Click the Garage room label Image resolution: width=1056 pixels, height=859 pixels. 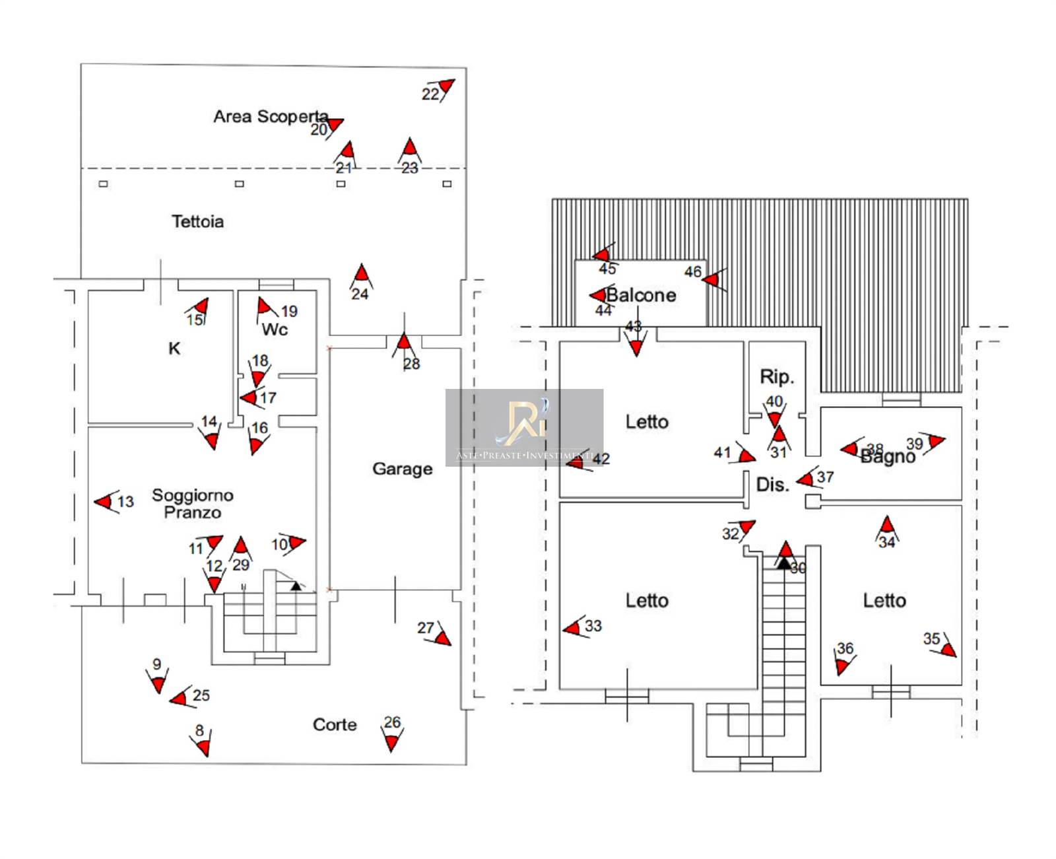tap(402, 469)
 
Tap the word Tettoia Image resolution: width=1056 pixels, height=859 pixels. tap(197, 221)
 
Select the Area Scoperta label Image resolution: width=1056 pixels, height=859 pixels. tap(271, 116)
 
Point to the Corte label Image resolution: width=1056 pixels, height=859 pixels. tap(335, 724)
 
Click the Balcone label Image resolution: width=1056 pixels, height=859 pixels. tap(641, 295)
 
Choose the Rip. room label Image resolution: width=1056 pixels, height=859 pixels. tap(776, 376)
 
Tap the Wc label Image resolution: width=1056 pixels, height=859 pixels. tap(275, 329)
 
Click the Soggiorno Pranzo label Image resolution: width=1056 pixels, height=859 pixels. tap(192, 503)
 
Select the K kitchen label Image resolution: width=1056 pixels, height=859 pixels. tap(174, 348)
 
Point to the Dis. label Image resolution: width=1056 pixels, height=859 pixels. tap(772, 485)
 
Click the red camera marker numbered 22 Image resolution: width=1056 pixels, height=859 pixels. tap(446, 86)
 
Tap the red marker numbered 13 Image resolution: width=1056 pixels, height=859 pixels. tap(104, 502)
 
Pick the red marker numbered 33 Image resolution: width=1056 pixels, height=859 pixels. tap(573, 627)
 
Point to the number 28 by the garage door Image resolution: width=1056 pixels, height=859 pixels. tap(412, 364)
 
